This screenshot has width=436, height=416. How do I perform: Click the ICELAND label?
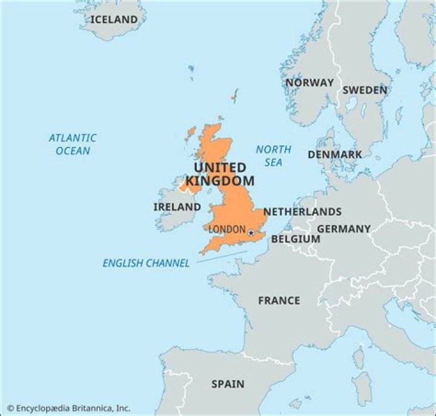(x=114, y=19)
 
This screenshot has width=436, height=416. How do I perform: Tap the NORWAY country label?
(x=309, y=83)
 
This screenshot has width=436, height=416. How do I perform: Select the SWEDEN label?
(x=365, y=90)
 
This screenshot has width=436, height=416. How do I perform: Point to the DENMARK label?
(x=334, y=154)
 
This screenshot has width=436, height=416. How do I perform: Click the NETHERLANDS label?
(x=302, y=212)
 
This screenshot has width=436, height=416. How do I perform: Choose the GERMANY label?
(x=343, y=229)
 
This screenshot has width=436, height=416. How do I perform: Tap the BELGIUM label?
(x=296, y=239)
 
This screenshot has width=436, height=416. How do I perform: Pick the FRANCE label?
(x=279, y=301)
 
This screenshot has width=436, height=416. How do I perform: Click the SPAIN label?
(x=228, y=384)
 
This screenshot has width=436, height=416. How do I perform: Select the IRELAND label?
(x=177, y=207)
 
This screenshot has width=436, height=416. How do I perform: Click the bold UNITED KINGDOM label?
(x=220, y=174)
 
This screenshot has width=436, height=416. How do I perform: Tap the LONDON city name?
(x=226, y=230)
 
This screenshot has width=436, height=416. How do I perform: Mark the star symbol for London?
(x=251, y=232)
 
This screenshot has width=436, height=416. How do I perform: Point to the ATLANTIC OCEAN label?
(x=73, y=144)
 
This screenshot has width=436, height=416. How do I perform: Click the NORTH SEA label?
(x=273, y=155)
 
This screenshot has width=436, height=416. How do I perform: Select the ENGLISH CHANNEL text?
(x=146, y=263)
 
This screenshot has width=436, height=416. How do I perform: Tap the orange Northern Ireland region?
(x=188, y=185)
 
